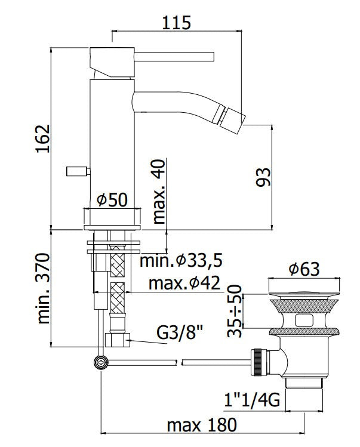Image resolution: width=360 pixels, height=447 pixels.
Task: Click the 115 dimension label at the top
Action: (176, 23)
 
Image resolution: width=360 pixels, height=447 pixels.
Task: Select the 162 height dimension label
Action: (44, 138)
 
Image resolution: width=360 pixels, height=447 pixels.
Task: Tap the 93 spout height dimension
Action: (263, 177)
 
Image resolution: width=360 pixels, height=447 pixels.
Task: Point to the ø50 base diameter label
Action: (112, 199)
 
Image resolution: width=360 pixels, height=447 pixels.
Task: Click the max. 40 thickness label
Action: (159, 192)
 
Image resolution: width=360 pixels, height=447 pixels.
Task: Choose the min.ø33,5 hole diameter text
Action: (181, 260)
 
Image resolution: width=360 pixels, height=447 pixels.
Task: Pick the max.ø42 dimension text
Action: (184, 283)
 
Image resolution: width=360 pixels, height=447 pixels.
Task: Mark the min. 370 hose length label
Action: (44, 288)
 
